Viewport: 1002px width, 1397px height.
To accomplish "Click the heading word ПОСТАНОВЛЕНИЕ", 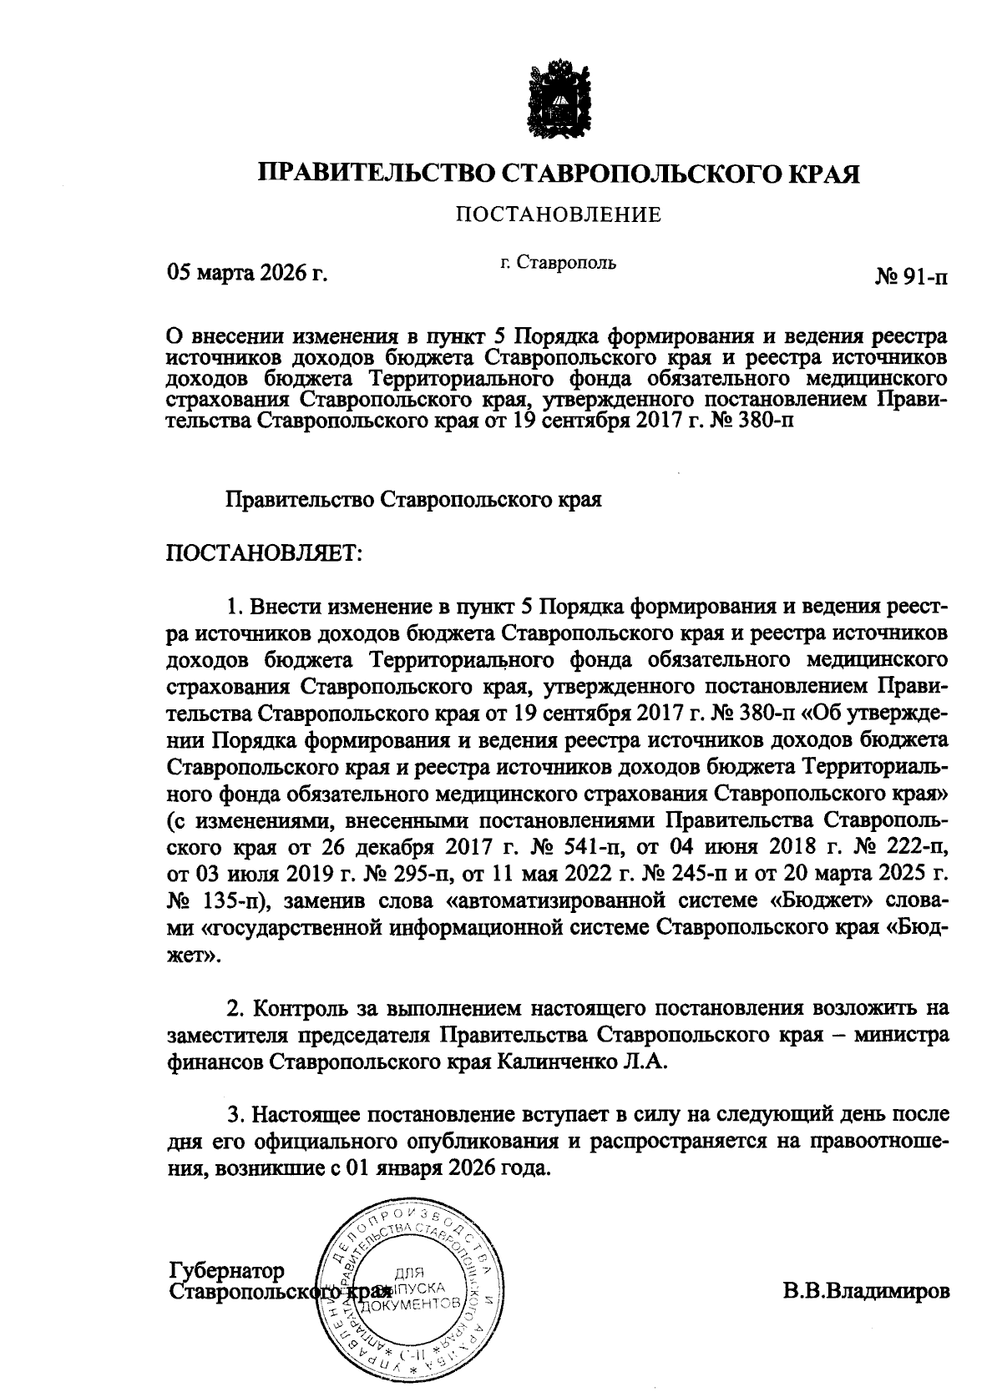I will (x=558, y=216).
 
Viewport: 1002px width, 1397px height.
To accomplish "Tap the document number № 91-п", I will (x=911, y=277).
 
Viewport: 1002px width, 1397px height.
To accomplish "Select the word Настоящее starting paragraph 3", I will (x=310, y=1113).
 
